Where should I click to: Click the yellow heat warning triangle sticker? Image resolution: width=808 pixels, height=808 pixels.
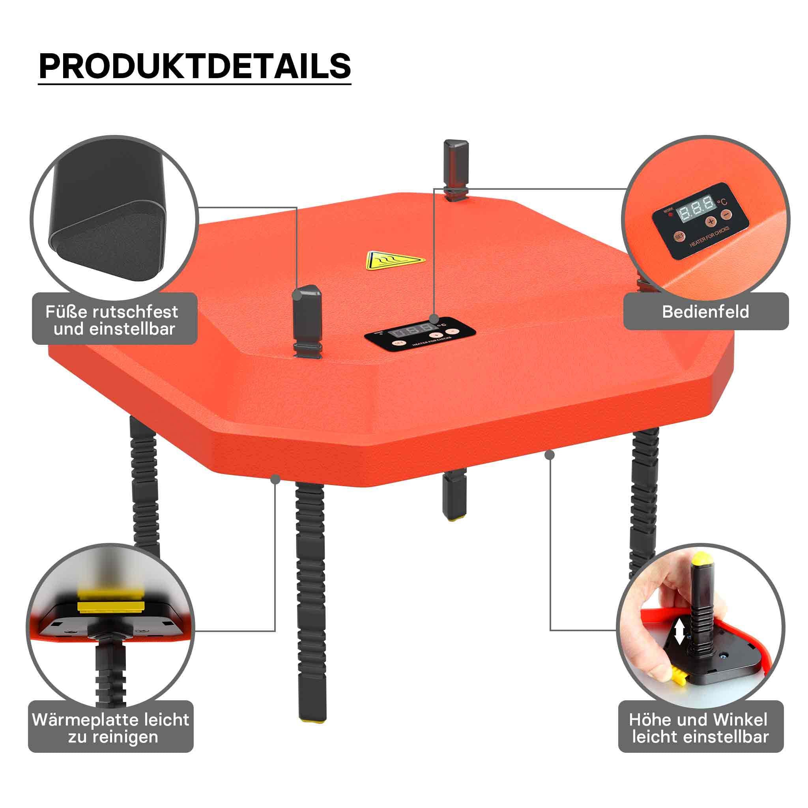click(x=395, y=260)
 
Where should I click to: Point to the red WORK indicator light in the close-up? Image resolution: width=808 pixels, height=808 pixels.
click(x=671, y=215)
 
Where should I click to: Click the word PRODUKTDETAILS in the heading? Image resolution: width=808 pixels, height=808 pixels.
click(x=195, y=66)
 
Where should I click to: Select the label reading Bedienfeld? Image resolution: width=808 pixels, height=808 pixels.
click(x=705, y=312)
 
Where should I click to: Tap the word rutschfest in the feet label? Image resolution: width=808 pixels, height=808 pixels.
click(x=135, y=312)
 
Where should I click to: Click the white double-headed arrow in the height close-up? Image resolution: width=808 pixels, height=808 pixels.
click(x=679, y=643)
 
